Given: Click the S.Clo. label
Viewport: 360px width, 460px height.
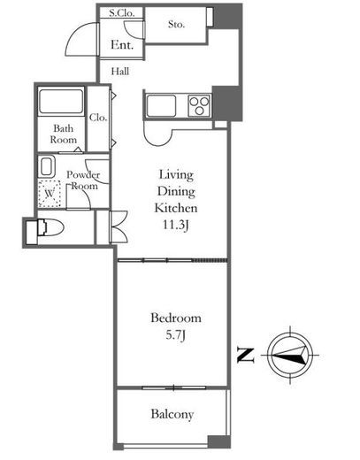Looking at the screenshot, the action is (121, 13).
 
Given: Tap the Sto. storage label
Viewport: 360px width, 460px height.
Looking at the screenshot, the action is (176, 24).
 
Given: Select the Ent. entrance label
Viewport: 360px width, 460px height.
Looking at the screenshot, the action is (122, 45).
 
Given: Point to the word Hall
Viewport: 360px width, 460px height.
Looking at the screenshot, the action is (120, 71).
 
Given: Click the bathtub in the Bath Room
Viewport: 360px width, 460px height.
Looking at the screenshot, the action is (61, 102).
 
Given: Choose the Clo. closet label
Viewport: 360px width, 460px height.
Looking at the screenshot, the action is (98, 118).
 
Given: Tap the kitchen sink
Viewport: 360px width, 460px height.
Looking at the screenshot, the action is (161, 105).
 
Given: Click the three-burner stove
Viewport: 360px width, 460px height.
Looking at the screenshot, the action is (199, 105).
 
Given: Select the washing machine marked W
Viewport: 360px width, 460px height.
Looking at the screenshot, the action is (50, 194).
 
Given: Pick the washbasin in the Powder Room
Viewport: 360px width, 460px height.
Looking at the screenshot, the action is (47, 166).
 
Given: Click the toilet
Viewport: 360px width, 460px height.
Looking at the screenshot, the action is (50, 228).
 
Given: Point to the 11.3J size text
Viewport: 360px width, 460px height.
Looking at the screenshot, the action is (176, 226).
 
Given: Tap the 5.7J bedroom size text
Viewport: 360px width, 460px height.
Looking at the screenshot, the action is (175, 335).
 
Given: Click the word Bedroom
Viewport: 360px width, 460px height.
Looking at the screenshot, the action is (176, 318).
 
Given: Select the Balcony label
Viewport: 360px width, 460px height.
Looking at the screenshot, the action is (172, 414).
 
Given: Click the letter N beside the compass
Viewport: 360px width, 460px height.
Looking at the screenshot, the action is (246, 355).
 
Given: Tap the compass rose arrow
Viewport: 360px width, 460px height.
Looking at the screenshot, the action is (290, 355).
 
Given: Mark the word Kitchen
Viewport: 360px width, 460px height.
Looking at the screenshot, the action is (176, 208).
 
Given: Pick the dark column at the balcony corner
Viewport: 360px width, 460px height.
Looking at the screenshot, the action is (219, 442).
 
